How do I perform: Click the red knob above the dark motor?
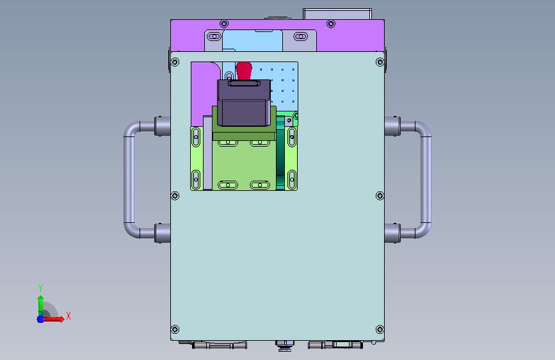(244, 70)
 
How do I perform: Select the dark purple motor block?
(244, 102)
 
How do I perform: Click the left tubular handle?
(129, 179)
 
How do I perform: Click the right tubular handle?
(426, 179)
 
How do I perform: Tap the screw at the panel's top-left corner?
(175, 62)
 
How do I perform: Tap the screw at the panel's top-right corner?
(380, 62)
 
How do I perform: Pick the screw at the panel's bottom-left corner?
(175, 329)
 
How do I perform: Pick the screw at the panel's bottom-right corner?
(380, 329)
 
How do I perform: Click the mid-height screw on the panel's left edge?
(175, 196)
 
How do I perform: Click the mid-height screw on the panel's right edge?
(380, 196)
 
